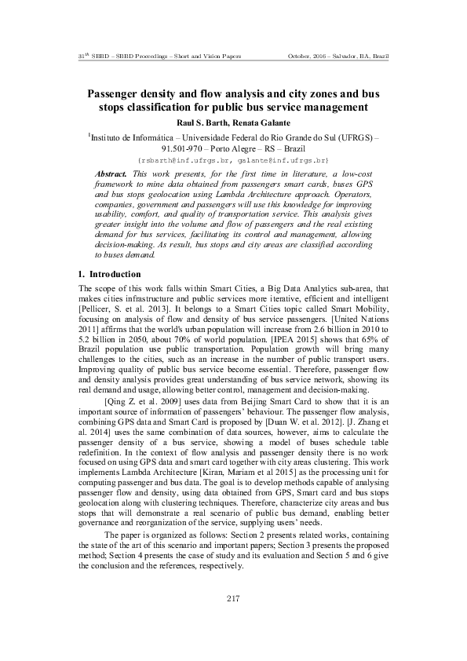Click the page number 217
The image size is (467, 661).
click(x=233, y=600)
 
